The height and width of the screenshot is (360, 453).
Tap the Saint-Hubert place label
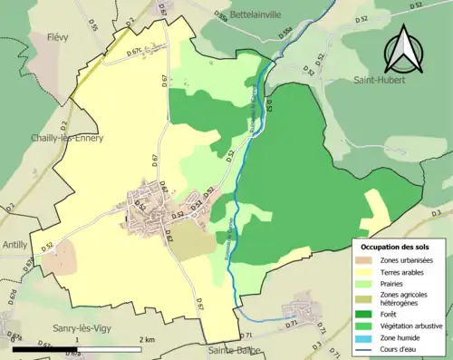[381, 81]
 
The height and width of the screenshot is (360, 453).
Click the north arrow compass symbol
[401, 50]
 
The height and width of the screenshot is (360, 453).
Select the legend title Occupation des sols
[395, 247]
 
